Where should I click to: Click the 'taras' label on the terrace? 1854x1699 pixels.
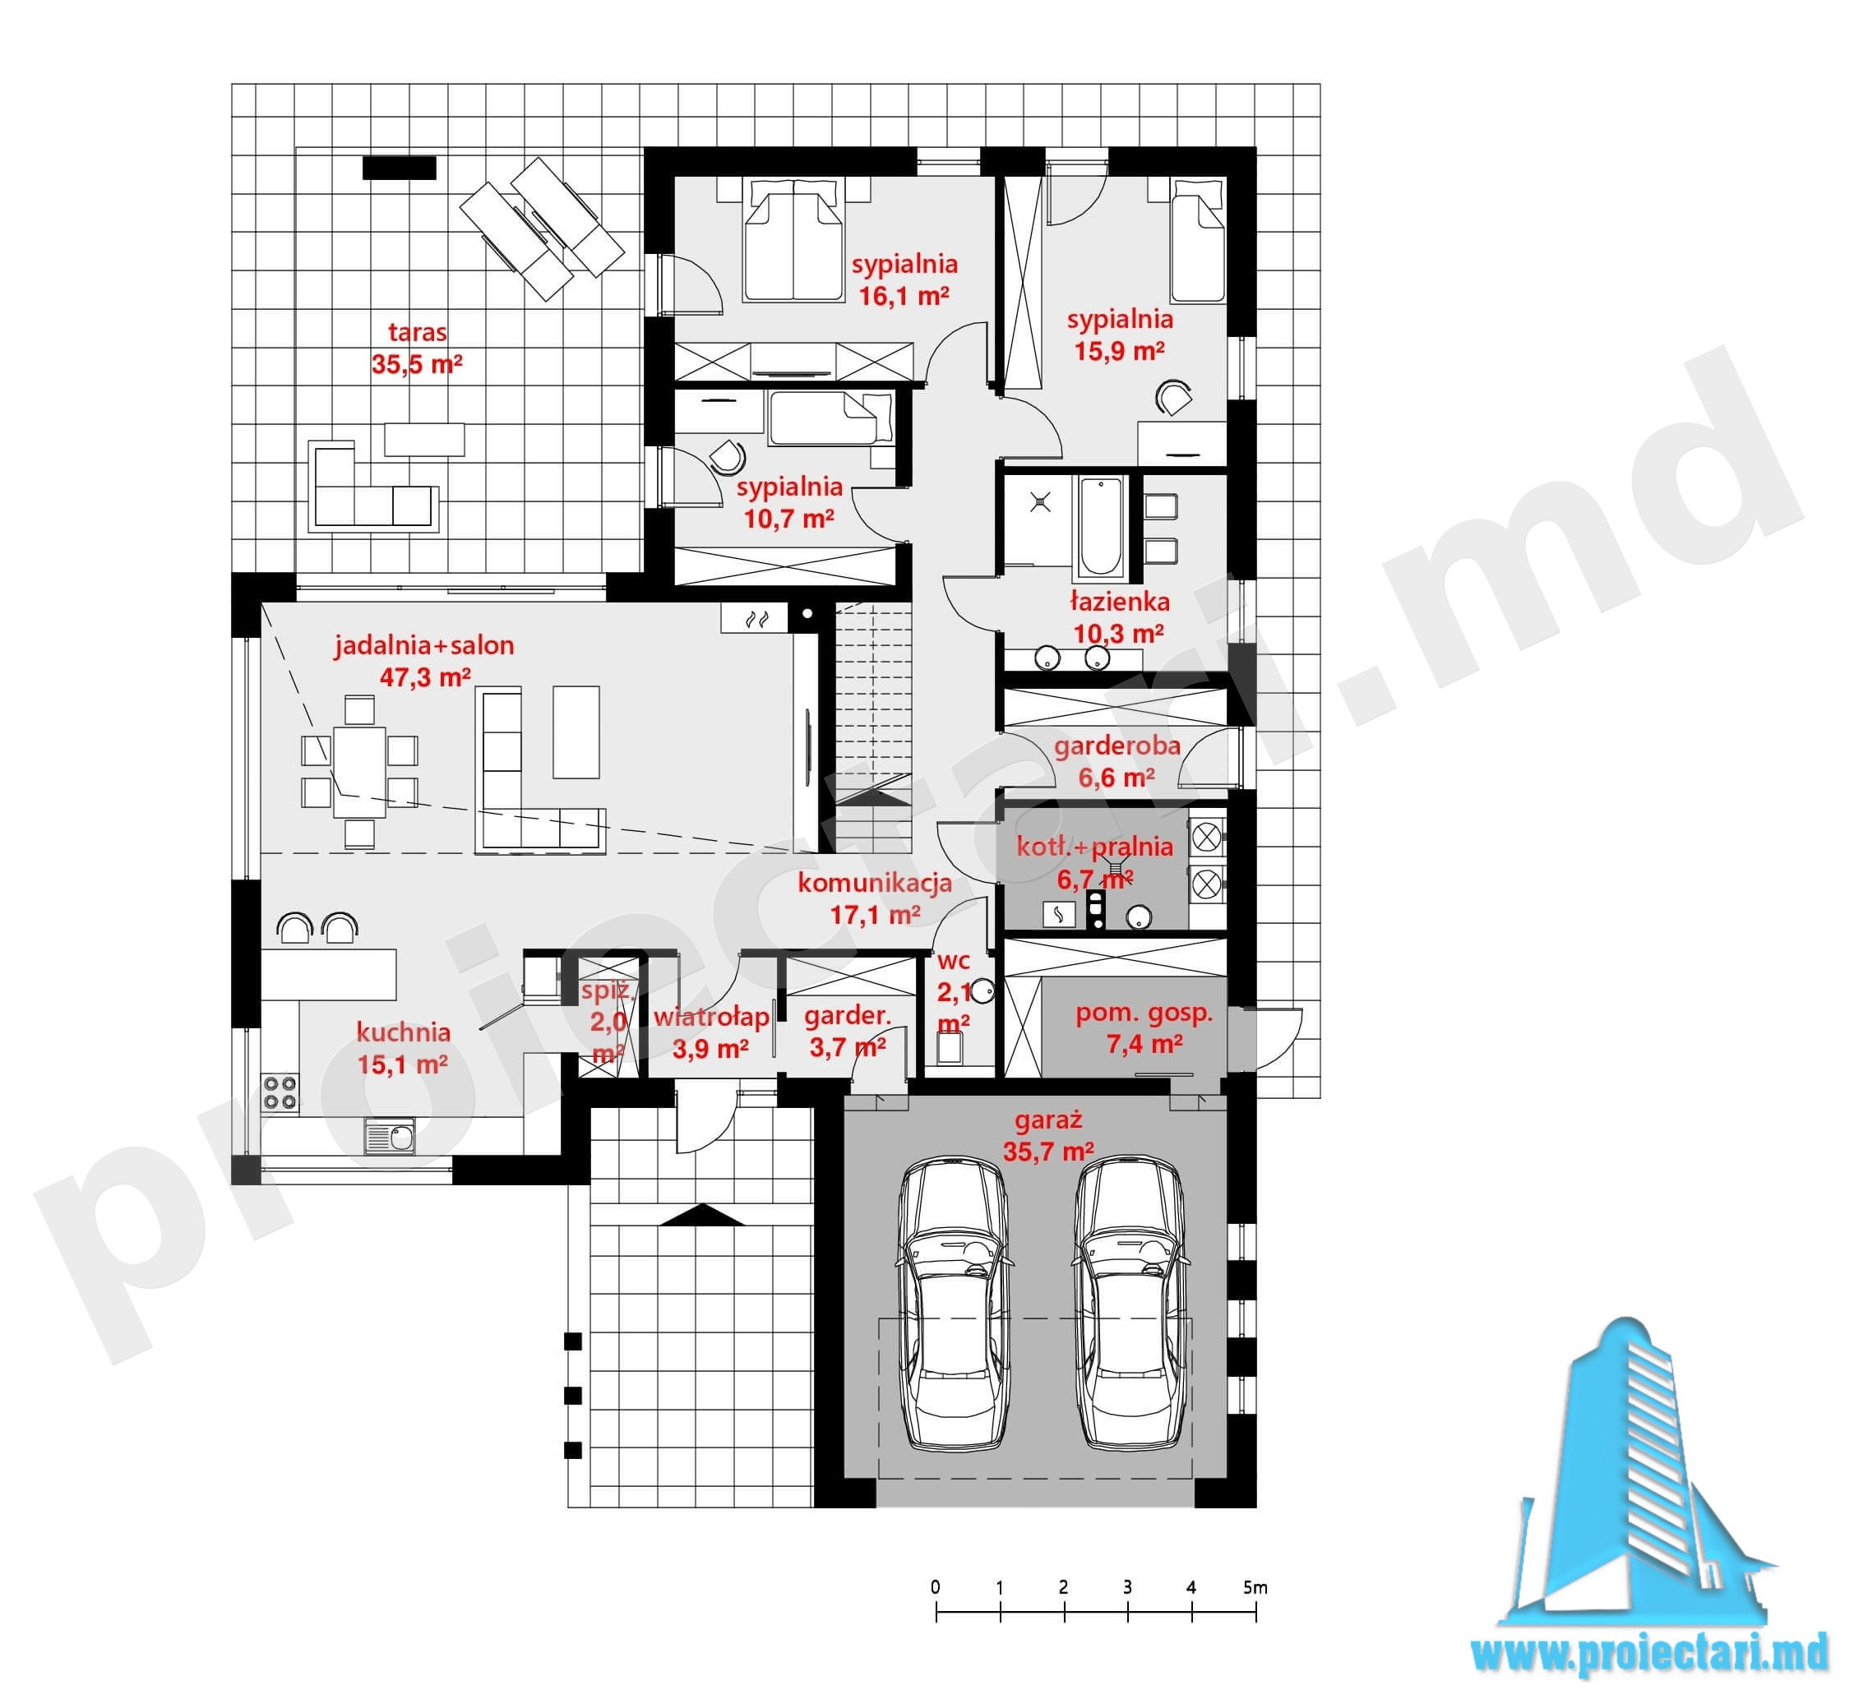(418, 332)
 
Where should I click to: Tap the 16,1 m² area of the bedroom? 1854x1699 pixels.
(904, 296)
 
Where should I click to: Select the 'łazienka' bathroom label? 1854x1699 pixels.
(1120, 602)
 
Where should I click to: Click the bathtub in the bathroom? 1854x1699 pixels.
(1100, 526)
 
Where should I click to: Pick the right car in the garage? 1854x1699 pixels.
(1130, 1305)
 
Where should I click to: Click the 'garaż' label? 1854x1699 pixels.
(1048, 1120)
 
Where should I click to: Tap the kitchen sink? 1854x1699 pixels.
(389, 1136)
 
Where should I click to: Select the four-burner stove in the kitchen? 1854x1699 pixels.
(280, 1093)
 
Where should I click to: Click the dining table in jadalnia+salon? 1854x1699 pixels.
(359, 770)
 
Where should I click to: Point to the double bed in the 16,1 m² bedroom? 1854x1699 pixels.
(793, 240)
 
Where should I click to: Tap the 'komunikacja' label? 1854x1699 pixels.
(875, 884)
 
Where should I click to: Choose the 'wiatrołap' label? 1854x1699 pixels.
(711, 1017)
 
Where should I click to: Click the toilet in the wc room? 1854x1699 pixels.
(949, 1047)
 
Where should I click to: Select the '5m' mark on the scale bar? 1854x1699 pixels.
(1255, 1587)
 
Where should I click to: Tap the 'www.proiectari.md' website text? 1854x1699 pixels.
(1648, 1653)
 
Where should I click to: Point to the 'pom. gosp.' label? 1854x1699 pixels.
(1144, 1013)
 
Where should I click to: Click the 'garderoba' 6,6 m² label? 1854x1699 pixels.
(1117, 746)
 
